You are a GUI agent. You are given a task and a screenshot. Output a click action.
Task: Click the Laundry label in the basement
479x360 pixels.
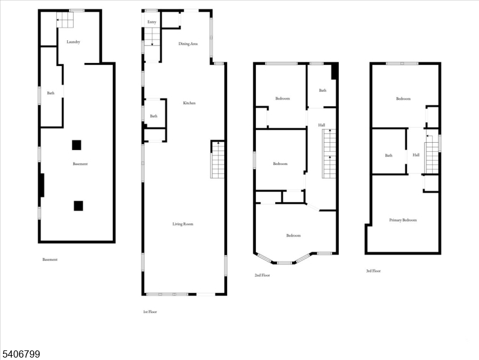pyautogui.click(x=74, y=42)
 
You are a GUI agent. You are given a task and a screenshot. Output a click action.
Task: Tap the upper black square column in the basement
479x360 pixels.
pyautogui.click(x=77, y=145)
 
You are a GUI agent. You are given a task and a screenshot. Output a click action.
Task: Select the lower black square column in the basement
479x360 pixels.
pyautogui.click(x=78, y=206)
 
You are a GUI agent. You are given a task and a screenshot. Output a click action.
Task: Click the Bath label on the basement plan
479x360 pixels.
pyautogui.click(x=51, y=93)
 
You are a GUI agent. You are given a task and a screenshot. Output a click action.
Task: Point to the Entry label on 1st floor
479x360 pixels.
pyautogui.click(x=152, y=22)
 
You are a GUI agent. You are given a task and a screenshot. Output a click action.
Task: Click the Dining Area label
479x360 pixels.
pyautogui.click(x=188, y=44)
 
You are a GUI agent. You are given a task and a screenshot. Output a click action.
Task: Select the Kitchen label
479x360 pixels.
pyautogui.click(x=189, y=103)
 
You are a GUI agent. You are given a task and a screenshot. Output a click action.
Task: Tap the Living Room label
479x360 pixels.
pyautogui.click(x=183, y=224)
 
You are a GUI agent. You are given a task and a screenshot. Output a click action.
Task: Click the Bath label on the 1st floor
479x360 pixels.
pyautogui.click(x=154, y=116)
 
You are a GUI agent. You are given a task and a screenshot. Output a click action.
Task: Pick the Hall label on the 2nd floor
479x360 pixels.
pyautogui.click(x=321, y=125)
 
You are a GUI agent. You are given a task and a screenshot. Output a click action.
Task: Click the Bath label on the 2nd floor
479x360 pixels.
pyautogui.click(x=323, y=91)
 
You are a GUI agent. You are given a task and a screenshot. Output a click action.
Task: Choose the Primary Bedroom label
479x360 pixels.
pyautogui.click(x=403, y=220)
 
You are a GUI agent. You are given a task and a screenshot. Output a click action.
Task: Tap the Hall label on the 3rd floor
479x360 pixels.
pyautogui.click(x=415, y=155)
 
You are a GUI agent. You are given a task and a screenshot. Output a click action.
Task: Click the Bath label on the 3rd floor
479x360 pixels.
pyautogui.click(x=388, y=155)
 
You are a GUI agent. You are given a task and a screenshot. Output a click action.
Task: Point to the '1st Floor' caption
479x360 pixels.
pyautogui.click(x=149, y=312)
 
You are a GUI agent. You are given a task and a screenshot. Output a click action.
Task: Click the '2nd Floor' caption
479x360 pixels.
pyautogui.click(x=262, y=275)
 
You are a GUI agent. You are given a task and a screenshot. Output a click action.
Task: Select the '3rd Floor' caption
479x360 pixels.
pyautogui.click(x=373, y=271)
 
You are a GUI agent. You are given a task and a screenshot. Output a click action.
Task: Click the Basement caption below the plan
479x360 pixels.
pyautogui.click(x=50, y=260)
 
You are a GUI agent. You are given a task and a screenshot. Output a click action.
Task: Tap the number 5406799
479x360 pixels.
pyautogui.click(x=20, y=355)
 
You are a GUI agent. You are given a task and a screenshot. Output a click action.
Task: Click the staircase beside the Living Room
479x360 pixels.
pyautogui.click(x=218, y=160)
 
